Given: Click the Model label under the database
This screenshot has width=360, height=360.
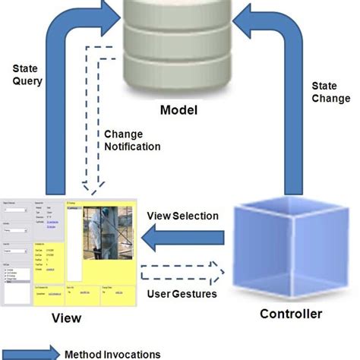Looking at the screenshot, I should tap(178, 111).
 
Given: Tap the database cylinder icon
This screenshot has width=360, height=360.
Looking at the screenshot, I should tap(179, 46).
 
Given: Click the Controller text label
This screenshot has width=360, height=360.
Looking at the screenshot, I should tap(291, 314).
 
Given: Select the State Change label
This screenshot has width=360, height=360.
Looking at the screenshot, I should tap(330, 92).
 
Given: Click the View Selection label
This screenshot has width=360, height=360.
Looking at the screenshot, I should tap(182, 216).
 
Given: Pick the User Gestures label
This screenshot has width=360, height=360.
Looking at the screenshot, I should tap(183, 293).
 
